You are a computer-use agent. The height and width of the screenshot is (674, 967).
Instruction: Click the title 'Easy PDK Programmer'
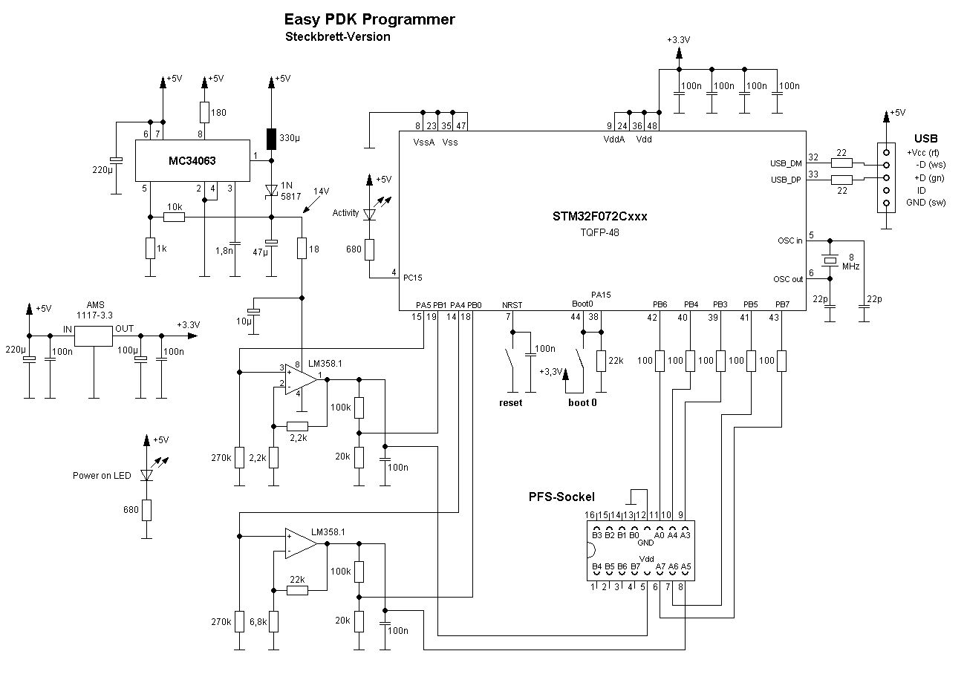click(369, 20)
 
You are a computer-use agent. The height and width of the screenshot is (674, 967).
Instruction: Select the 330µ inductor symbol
click(271, 138)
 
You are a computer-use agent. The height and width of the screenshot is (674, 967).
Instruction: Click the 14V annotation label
click(320, 192)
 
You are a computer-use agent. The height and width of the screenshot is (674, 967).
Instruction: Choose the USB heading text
click(925, 138)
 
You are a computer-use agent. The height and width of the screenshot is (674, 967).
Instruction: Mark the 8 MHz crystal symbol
click(830, 259)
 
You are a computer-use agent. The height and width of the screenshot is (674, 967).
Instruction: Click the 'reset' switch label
click(510, 402)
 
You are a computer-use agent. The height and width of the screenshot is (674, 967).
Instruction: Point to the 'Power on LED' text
click(102, 476)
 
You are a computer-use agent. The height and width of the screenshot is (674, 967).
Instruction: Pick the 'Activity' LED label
click(345, 213)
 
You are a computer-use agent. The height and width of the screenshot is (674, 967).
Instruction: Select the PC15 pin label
click(412, 278)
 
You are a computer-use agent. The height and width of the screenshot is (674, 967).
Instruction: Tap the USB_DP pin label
click(787, 180)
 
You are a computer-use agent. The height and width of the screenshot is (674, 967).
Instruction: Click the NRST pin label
click(512, 305)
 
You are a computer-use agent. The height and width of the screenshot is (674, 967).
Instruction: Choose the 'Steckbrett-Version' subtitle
click(337, 36)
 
